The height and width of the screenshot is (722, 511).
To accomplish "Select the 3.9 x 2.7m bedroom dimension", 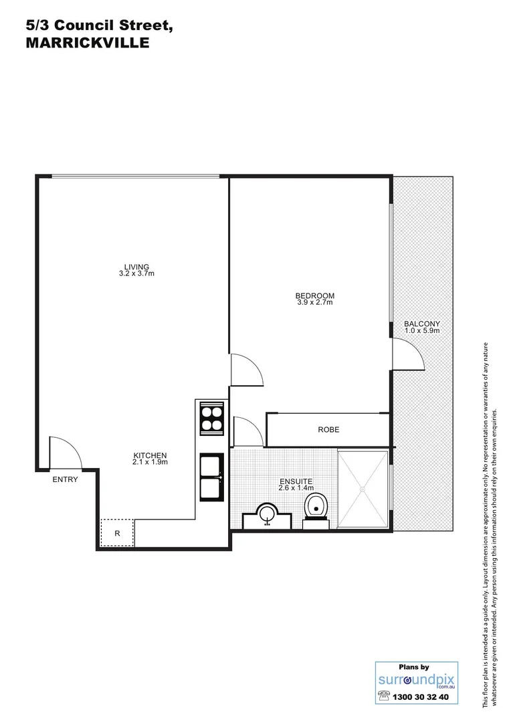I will coord(314,303).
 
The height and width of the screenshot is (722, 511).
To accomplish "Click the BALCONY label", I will coord(421,324).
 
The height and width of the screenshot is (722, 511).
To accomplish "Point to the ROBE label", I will coord(328,430).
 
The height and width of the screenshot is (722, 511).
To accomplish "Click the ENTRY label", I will coord(65,479).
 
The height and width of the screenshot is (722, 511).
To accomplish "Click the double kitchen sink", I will coord(212,476).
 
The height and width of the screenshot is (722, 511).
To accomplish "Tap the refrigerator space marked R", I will coord(117,533).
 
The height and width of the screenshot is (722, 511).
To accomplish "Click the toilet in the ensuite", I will coord(316,507).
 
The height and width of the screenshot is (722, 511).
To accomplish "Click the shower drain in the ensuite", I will coord(363,490).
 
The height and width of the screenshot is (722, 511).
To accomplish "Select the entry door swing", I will coord(65,453).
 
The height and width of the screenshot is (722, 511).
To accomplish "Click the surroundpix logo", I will coord(415,681).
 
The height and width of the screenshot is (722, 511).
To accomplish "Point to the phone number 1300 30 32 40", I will coord(423,697).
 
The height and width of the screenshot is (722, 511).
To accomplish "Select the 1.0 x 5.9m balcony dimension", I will coord(421,332).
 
